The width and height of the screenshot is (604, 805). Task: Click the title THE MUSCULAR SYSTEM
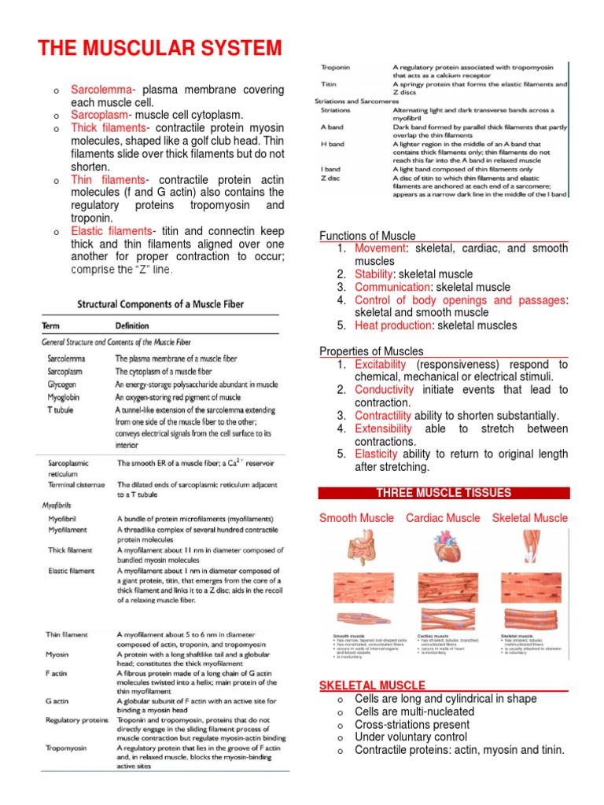[x=159, y=49]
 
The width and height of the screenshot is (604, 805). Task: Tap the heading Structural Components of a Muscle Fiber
[x=160, y=303]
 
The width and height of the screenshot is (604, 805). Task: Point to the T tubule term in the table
[x=62, y=410]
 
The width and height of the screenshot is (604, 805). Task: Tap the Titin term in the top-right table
[x=330, y=83]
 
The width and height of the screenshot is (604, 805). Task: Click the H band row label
[x=333, y=144]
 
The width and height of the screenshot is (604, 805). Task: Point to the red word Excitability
[x=381, y=365]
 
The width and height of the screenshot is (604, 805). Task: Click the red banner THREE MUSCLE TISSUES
[x=443, y=493]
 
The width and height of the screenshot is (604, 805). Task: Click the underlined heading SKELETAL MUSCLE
[x=372, y=686]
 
